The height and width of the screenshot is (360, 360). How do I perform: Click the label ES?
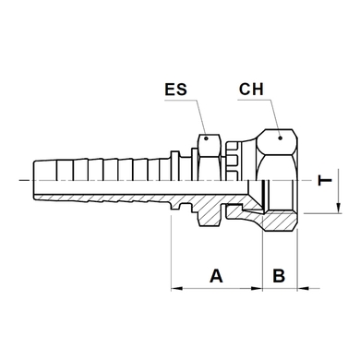[175, 90]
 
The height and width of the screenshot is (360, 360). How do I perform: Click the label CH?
[251, 90]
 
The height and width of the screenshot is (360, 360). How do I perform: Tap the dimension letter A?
[216, 275]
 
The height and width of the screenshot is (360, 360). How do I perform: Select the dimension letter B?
[279, 275]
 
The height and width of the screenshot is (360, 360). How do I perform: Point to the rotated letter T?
[325, 180]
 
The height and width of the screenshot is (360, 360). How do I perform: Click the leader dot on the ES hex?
[207, 138]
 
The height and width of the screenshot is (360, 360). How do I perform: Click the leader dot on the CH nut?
[280, 138]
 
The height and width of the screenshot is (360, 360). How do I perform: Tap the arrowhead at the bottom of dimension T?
[338, 208]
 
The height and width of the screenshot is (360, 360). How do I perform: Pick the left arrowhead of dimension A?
[177, 289]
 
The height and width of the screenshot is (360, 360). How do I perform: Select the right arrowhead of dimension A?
[257, 289]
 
